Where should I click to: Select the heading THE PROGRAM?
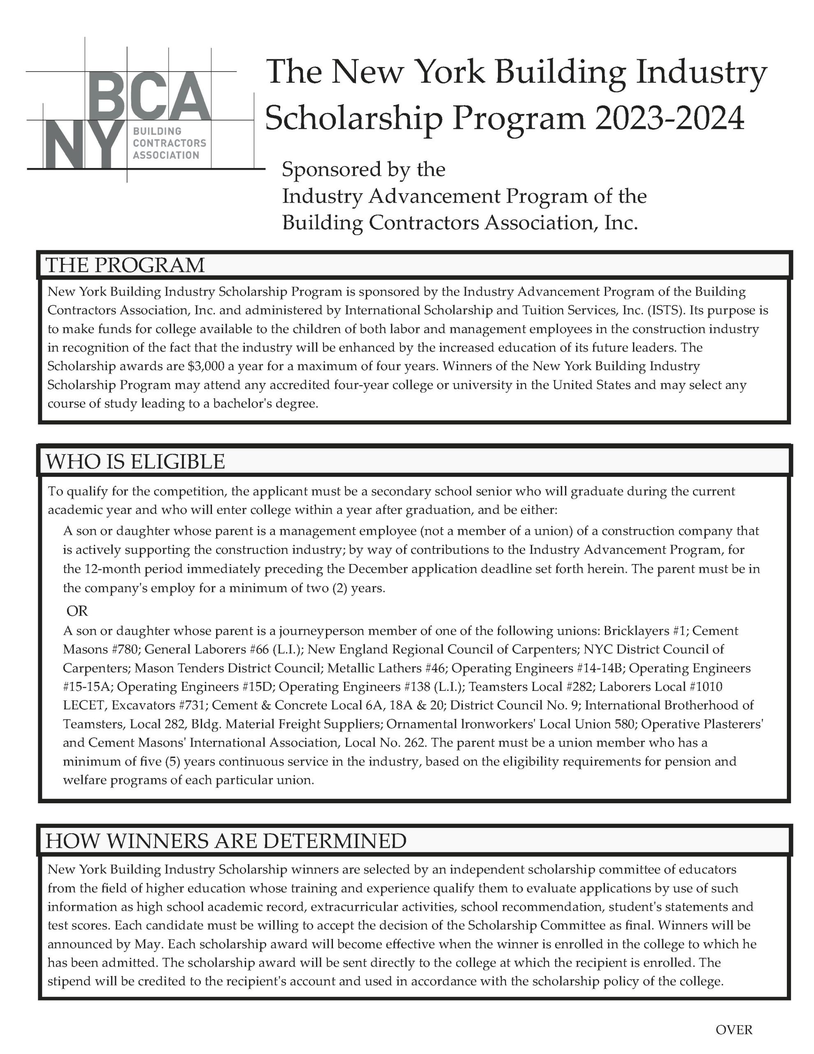(125, 266)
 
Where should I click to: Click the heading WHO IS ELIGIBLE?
(135, 462)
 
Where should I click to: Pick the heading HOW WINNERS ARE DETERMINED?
(226, 841)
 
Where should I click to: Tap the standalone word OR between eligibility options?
(77, 611)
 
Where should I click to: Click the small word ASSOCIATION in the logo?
(166, 155)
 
